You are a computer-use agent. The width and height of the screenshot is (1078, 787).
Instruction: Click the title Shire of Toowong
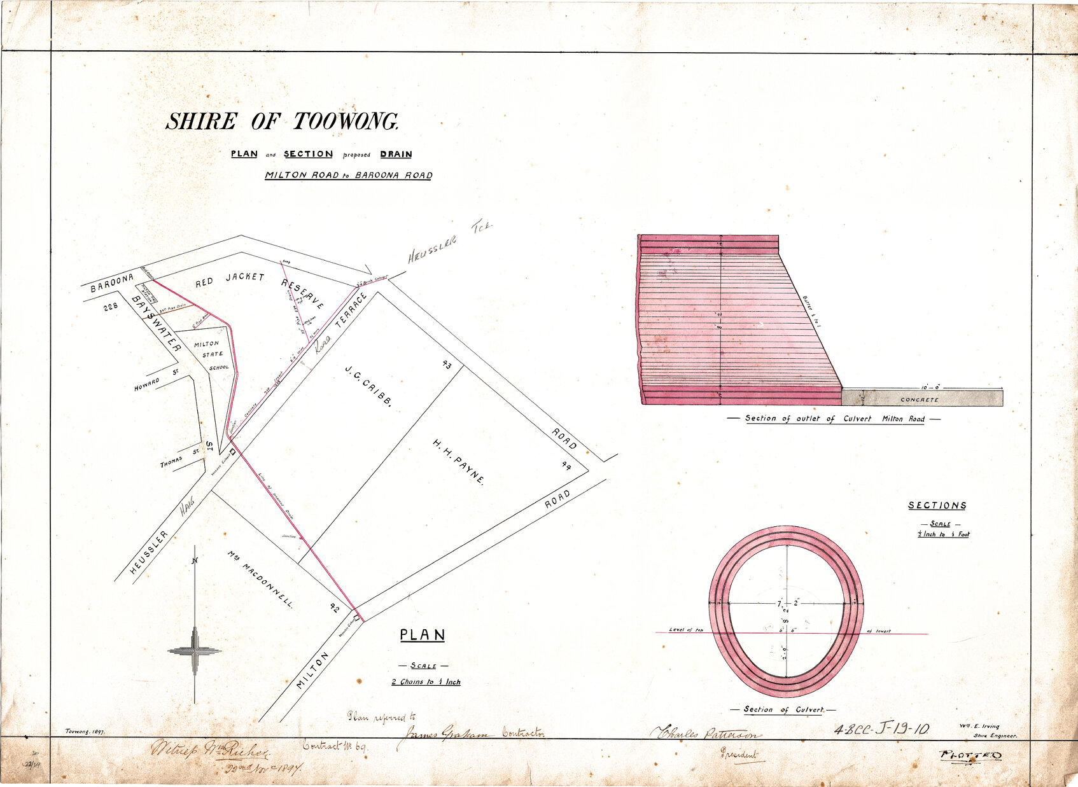(x=282, y=122)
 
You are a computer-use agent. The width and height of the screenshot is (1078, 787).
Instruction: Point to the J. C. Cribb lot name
(x=368, y=386)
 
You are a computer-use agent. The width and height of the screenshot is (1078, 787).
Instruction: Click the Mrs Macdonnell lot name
(x=261, y=580)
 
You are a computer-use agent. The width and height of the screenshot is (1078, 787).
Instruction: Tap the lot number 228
(x=111, y=307)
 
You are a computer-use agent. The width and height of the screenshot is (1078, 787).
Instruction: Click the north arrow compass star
(x=195, y=650)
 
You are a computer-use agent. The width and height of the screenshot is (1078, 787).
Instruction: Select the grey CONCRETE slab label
(x=919, y=400)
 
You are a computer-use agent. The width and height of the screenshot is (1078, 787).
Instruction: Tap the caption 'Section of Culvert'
(x=783, y=709)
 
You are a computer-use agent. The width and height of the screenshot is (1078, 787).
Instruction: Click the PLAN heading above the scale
(x=423, y=635)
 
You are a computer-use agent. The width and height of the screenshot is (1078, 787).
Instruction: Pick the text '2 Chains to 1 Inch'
(x=426, y=682)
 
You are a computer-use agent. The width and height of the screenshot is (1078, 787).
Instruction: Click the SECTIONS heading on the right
(x=937, y=505)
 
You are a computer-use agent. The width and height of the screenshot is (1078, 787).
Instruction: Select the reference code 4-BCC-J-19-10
(x=881, y=730)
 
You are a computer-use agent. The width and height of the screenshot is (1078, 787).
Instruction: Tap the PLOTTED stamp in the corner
(x=970, y=756)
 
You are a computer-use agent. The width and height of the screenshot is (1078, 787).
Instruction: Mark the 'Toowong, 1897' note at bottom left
(x=86, y=732)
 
